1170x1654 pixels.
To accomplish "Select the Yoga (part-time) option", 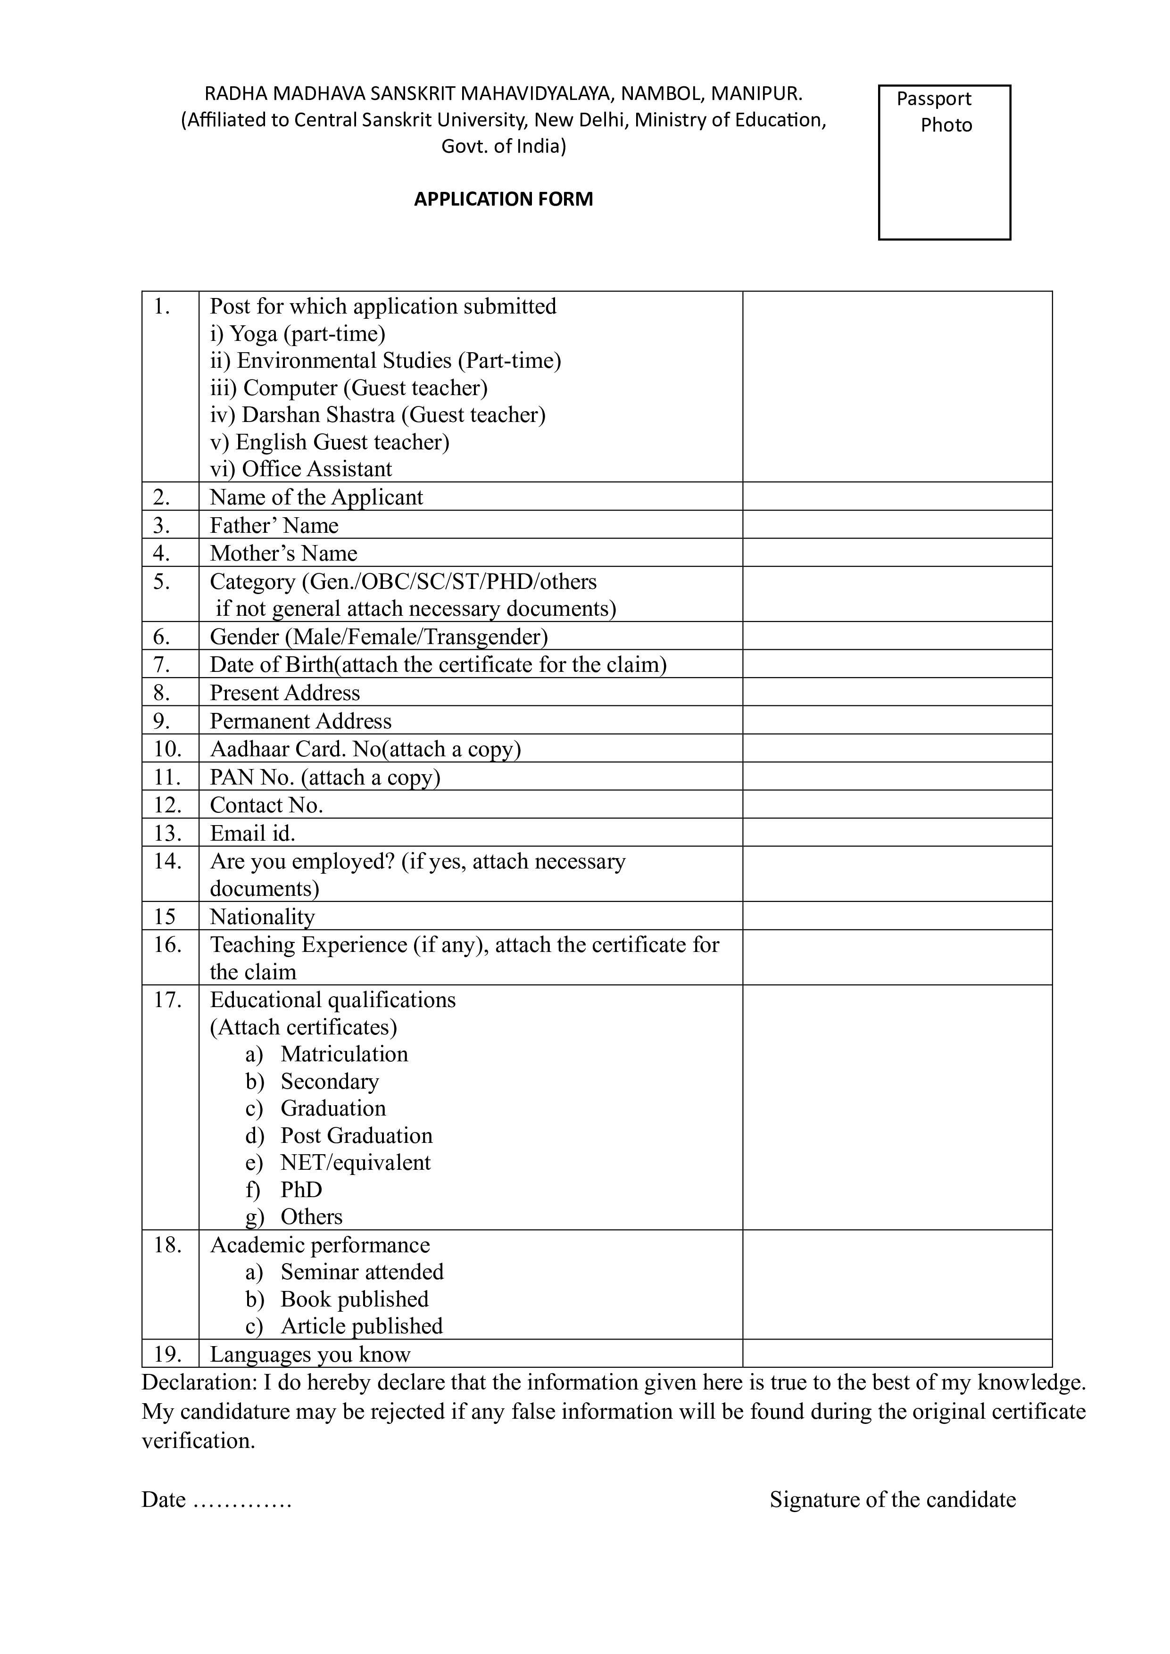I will click(x=298, y=333).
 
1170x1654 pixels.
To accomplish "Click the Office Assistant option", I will click(x=301, y=469).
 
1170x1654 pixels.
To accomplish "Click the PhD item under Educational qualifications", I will click(x=301, y=1190).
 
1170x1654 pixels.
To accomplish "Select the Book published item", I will click(x=355, y=1299).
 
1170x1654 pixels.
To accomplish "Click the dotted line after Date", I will click(x=243, y=1500).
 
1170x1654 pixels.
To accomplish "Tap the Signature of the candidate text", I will click(x=893, y=1499).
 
